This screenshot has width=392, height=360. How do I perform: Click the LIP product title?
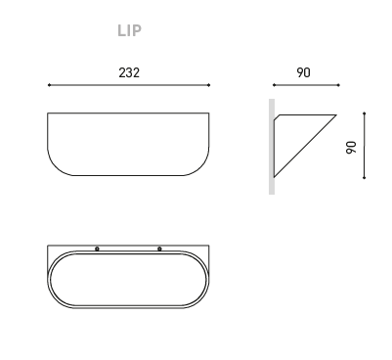click(x=129, y=30)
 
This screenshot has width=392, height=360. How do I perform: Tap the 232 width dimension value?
click(x=129, y=72)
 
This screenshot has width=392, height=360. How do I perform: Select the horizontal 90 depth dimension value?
click(x=303, y=72)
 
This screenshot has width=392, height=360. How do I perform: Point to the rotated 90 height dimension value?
click(x=351, y=148)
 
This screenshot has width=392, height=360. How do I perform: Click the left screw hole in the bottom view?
click(x=97, y=248)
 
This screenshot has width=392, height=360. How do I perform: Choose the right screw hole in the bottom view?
click(x=159, y=248)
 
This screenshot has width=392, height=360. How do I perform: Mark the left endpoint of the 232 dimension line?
click(x=49, y=85)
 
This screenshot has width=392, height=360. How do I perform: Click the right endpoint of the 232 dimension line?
click(x=209, y=85)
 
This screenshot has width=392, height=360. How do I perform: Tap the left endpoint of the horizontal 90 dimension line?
click(x=274, y=85)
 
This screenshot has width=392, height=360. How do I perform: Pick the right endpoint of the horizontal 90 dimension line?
click(x=339, y=85)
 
